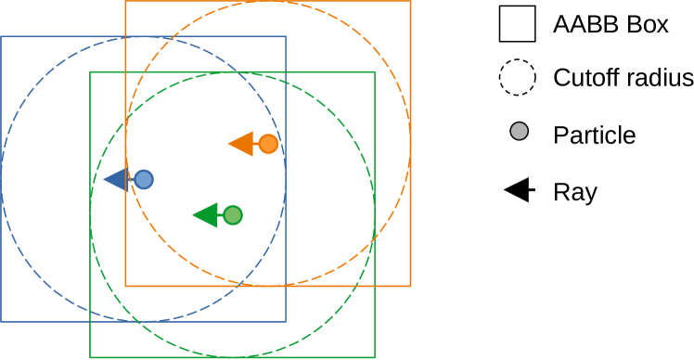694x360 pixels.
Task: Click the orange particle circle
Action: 268,144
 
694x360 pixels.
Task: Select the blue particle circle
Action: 144,179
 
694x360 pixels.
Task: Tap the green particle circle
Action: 233,215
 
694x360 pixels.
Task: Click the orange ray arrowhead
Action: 241,144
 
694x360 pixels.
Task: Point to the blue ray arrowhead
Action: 116,179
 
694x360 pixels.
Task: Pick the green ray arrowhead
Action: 205,215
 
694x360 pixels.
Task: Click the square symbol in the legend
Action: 518,24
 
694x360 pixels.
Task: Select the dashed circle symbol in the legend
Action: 518,78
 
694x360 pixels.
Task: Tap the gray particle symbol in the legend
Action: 519,133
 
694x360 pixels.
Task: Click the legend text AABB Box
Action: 610,25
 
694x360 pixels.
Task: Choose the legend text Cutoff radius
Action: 623,78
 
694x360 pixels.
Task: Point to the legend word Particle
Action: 594,135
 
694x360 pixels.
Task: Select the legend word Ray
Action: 574,192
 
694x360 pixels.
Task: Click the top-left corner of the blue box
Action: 1,36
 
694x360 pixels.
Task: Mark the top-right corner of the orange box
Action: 410,1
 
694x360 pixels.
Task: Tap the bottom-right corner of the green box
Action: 375,357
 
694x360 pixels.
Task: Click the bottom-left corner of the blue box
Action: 1,321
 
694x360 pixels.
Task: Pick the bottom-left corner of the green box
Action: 90,357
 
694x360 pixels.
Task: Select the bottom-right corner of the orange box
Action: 410,286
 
